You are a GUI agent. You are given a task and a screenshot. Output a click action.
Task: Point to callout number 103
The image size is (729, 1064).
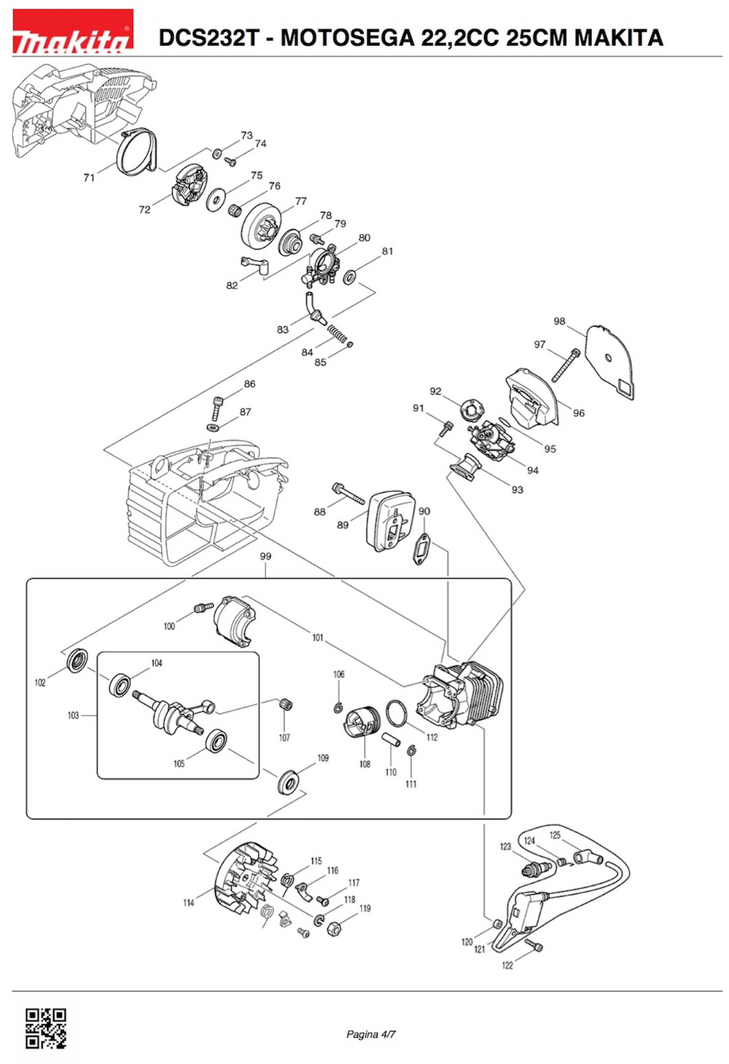click(x=73, y=715)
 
